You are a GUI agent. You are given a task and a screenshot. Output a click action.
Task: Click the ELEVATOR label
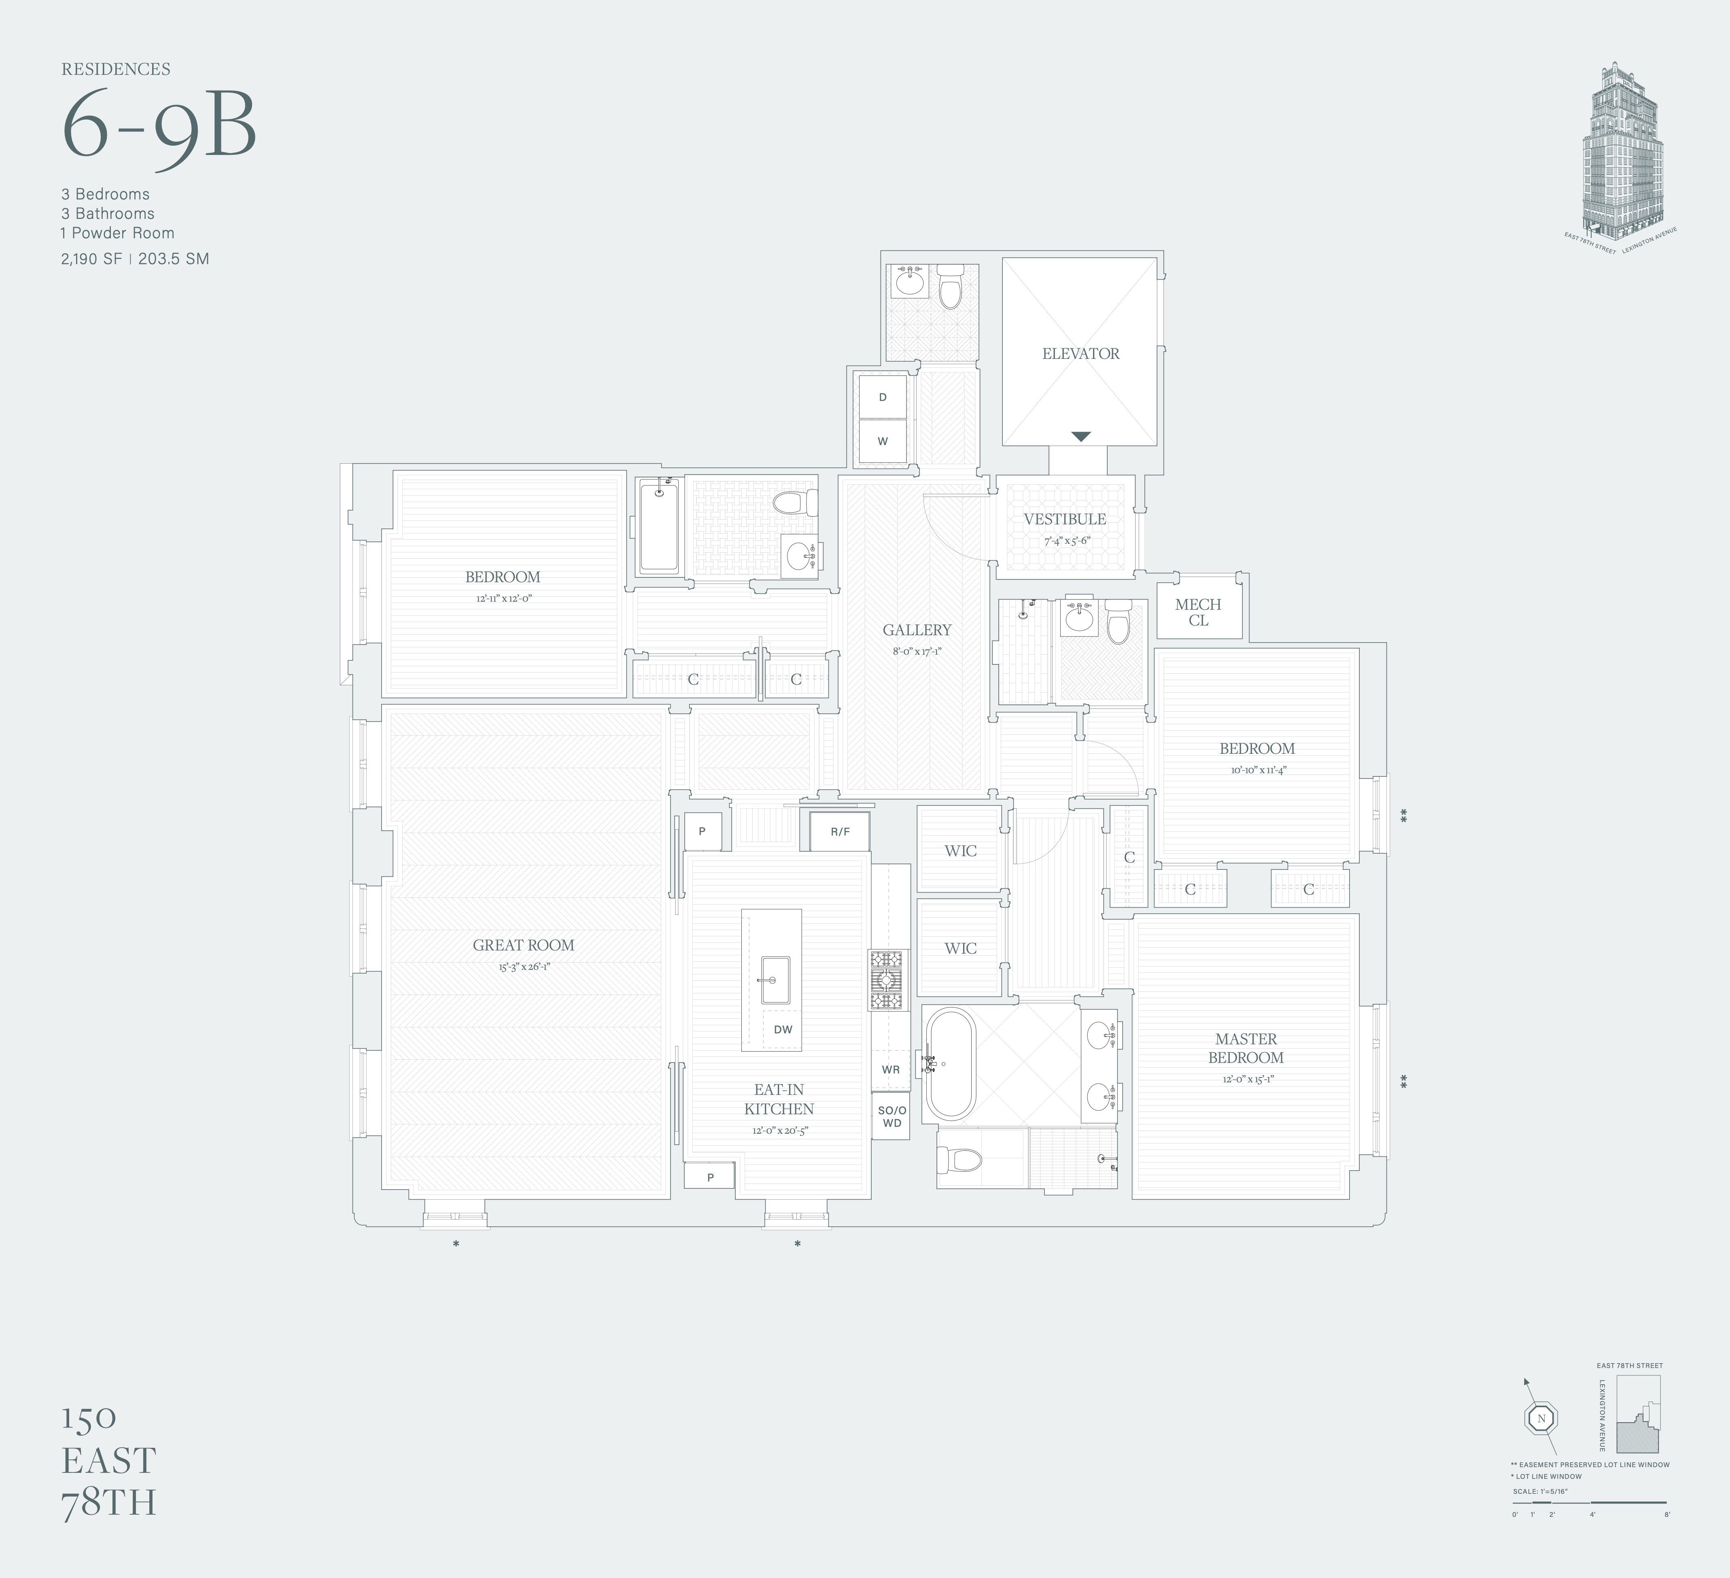tap(1080, 354)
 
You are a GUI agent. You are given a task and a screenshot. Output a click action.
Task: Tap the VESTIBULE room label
tap(1064, 519)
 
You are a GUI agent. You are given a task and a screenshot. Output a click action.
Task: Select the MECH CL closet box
tap(1198, 612)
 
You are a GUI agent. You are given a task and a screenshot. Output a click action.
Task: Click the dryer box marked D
tap(882, 397)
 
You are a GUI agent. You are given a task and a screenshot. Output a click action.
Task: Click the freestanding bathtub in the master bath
tap(949, 1064)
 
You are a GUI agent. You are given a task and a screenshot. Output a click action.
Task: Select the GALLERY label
tap(917, 630)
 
